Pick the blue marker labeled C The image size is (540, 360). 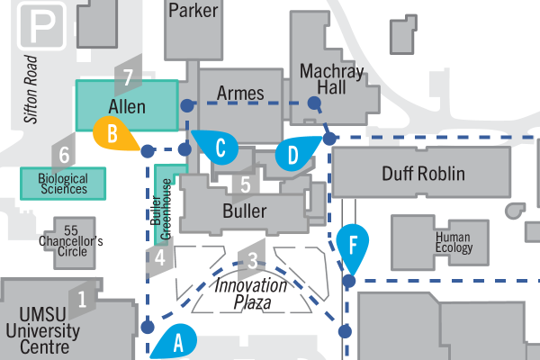tap(219, 148)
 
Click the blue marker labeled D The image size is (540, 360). tap(294, 154)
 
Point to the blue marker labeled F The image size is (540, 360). tap(354, 245)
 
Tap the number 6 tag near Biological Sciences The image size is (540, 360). tap(64, 155)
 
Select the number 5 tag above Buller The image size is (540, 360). tap(243, 186)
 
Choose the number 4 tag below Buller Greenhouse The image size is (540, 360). tap(159, 259)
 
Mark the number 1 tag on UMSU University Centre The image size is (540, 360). tap(84, 298)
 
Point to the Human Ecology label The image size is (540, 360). tap(454, 243)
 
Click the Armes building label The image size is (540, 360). tap(240, 94)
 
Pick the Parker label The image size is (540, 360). tap(193, 11)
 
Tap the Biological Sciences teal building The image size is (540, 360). tap(63, 184)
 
